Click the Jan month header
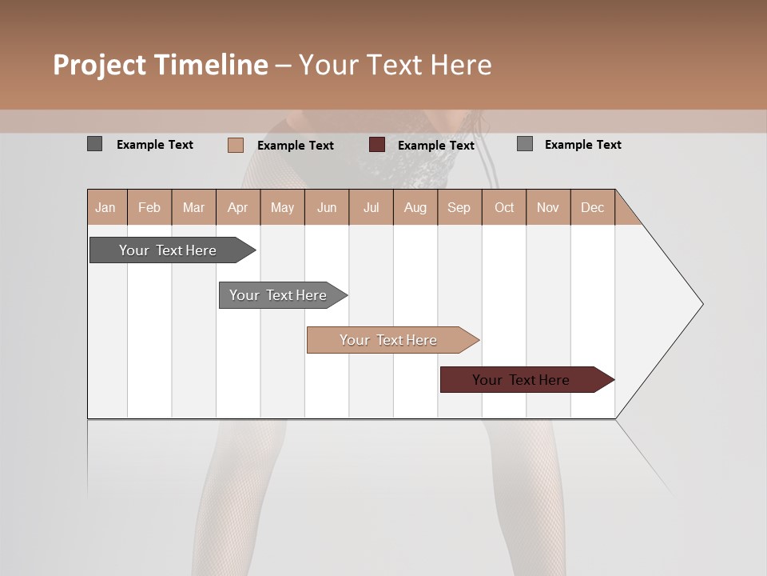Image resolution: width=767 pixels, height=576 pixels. coord(105,207)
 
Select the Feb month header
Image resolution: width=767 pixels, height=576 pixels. coord(149,207)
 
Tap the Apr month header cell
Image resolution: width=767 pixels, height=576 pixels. coord(237,207)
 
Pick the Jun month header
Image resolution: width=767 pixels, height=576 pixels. coord(327,207)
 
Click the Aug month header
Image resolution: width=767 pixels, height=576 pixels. coord(415,207)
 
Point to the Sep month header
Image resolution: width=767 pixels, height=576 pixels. coord(459,207)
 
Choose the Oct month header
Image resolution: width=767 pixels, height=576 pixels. coord(504,207)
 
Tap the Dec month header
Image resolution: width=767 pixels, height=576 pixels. coord(592,207)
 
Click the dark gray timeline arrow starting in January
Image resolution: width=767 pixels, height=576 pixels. coord(169,250)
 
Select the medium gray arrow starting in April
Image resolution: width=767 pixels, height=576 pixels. coord(278,295)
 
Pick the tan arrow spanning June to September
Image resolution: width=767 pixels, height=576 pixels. coord(388,340)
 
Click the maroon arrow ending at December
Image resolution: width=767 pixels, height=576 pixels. coord(521,380)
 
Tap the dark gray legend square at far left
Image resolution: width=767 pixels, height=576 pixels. coord(94,144)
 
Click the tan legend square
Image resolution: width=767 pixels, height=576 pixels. coord(235,145)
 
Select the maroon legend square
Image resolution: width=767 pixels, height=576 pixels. coord(377,145)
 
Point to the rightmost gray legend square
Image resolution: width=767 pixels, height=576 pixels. coord(524,144)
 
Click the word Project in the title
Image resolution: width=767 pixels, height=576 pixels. coord(99,65)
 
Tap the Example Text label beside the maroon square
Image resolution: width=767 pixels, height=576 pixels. coord(435,146)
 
